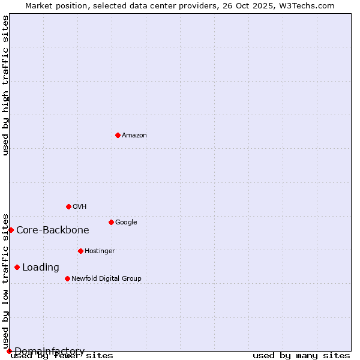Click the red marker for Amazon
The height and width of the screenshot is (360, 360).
118,135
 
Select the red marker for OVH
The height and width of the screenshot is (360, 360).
68,206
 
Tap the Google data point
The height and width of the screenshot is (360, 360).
111,222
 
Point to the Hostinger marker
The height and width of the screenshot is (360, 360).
80,251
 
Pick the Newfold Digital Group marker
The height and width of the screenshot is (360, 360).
67,278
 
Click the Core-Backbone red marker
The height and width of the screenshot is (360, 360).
11,230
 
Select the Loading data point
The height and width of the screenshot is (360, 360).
17,267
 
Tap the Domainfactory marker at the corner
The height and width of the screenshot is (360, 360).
9,351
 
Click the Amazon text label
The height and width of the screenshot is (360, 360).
134,136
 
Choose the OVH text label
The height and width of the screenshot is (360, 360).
80,207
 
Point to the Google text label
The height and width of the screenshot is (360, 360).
126,223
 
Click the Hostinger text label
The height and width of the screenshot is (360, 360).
100,251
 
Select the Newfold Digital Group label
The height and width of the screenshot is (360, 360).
106,279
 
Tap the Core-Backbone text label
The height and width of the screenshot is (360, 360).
53,230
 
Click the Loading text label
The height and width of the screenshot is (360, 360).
41,268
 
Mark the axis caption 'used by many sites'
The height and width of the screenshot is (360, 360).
301,356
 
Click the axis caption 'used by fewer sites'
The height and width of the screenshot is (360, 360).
62,356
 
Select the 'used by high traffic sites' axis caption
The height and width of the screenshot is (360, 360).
6,85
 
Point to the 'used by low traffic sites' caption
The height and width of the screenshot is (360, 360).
6,281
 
